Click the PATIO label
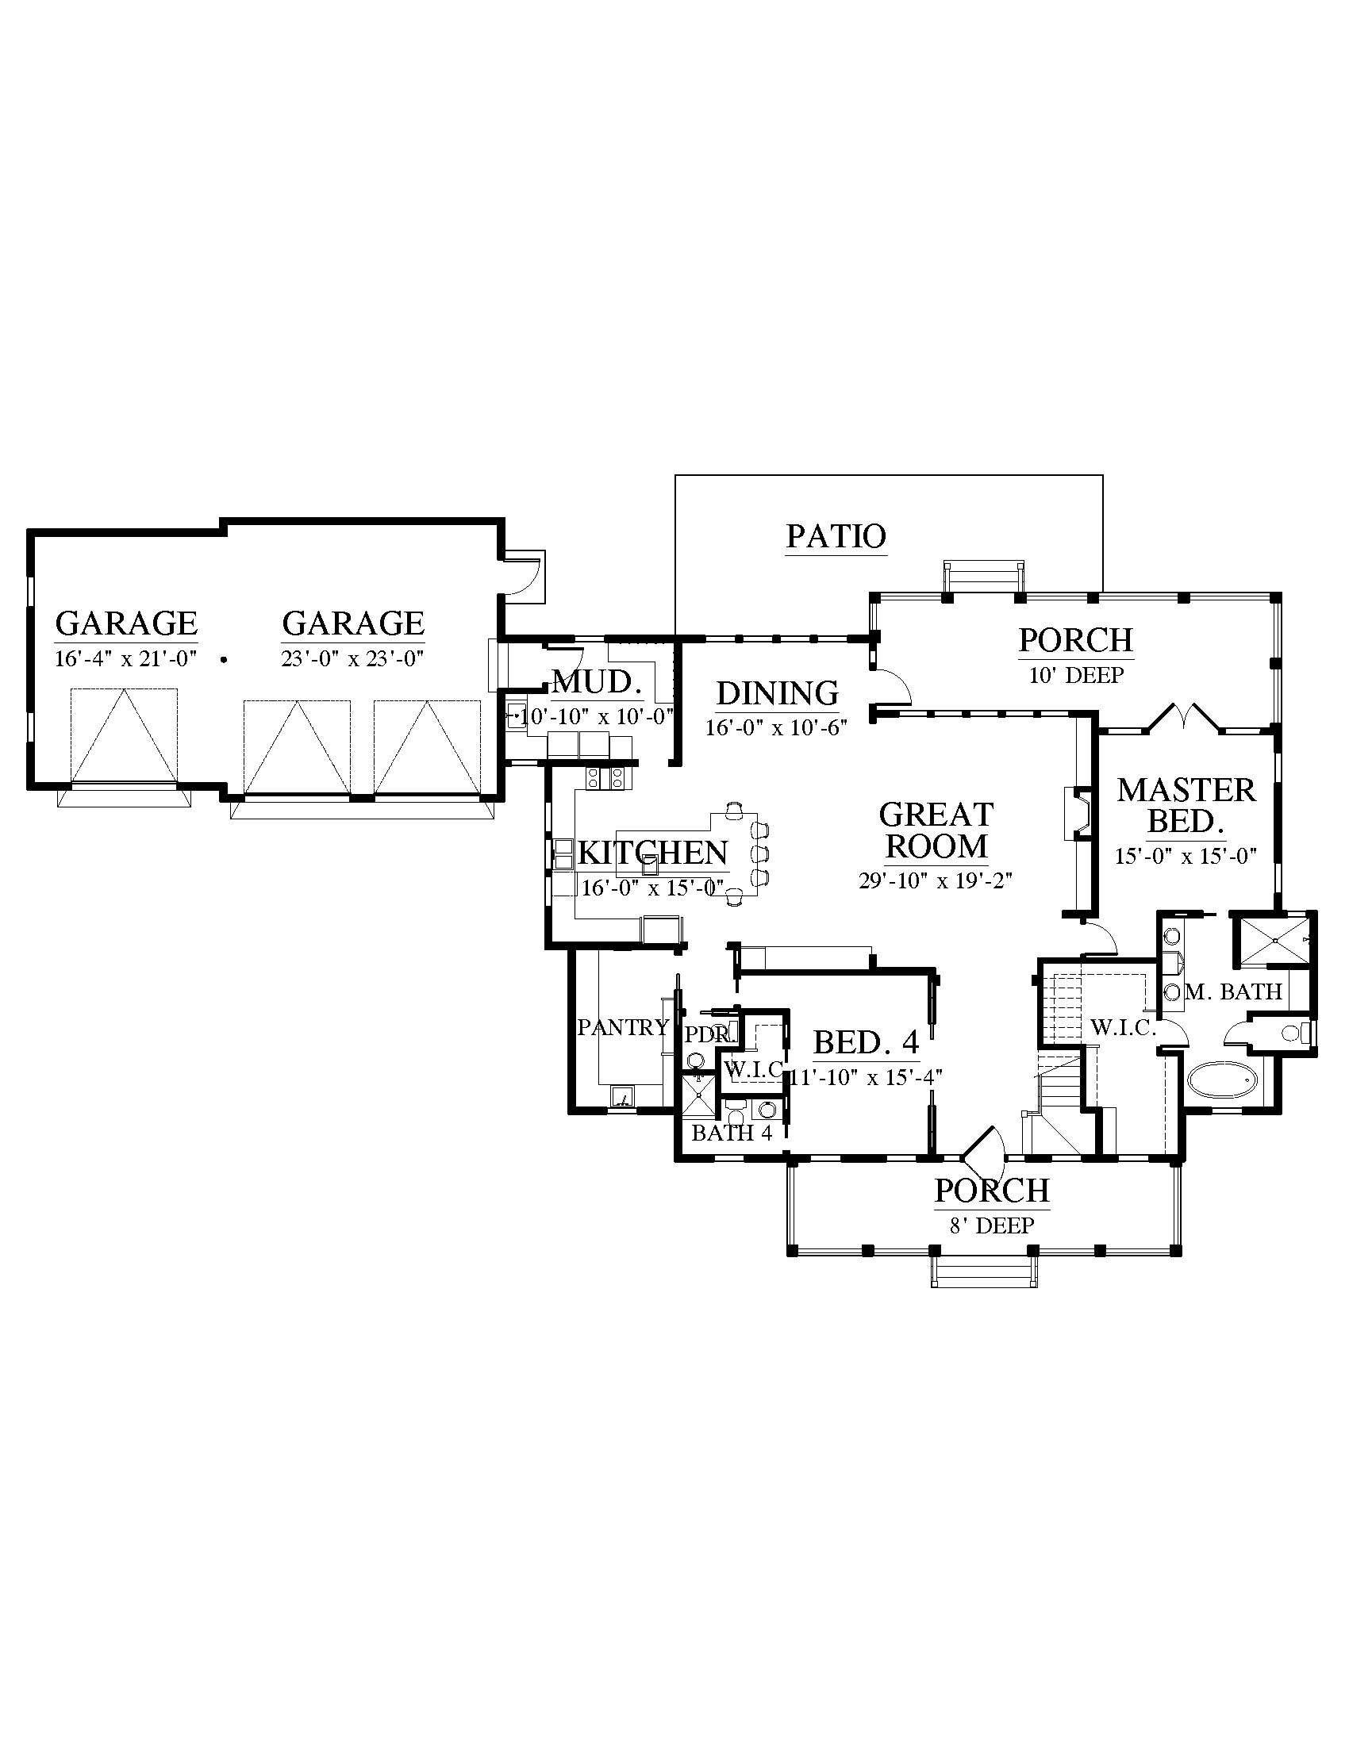pos(836,536)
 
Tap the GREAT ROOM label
pos(936,830)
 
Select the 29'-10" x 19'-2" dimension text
pos(936,880)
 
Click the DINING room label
pos(778,692)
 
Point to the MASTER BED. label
pos(1187,805)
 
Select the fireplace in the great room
pos(1076,813)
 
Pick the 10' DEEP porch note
pos(1077,675)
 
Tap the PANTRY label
pos(624,1026)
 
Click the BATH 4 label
pos(732,1133)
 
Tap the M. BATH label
pos(1234,991)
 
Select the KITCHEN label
pos(653,853)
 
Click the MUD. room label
pos(598,682)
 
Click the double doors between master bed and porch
pos(1184,717)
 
